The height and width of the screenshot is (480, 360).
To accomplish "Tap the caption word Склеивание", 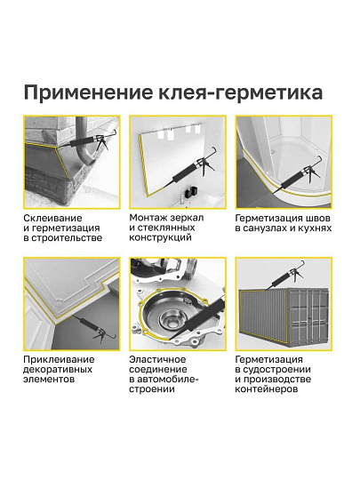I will (x=53, y=217).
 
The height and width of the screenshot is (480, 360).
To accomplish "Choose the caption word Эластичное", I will (x=159, y=358).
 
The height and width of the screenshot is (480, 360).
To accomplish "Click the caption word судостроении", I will (x=274, y=369).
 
